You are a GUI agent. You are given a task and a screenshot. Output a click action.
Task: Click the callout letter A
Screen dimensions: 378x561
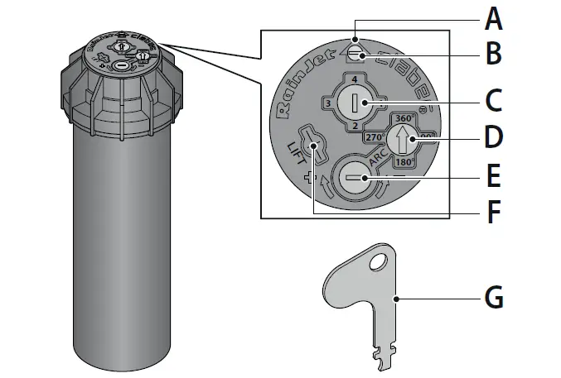pyautogui.click(x=494, y=17)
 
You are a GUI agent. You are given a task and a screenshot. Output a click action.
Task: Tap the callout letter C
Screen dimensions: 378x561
pyautogui.click(x=494, y=102)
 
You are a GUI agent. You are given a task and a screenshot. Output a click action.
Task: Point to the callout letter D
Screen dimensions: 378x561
pyautogui.click(x=494, y=137)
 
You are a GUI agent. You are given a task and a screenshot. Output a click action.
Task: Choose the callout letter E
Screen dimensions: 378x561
pyautogui.click(x=494, y=176)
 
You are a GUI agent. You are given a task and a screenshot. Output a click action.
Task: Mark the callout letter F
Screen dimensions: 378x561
pyautogui.click(x=494, y=213)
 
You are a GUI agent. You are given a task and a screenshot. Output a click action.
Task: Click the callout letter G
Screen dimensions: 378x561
pyautogui.click(x=494, y=296)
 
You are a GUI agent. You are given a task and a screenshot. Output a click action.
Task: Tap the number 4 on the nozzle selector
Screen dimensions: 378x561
pyautogui.click(x=355, y=79)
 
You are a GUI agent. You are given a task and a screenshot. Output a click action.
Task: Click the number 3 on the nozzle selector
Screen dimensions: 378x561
pyautogui.click(x=328, y=103)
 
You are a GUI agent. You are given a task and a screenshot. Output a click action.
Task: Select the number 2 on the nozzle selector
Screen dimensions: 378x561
pyautogui.click(x=355, y=126)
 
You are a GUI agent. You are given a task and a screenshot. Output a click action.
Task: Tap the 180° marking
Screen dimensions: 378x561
pyautogui.click(x=403, y=162)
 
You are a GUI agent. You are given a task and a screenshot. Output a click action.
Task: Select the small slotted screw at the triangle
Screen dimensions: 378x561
pyautogui.click(x=355, y=54)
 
